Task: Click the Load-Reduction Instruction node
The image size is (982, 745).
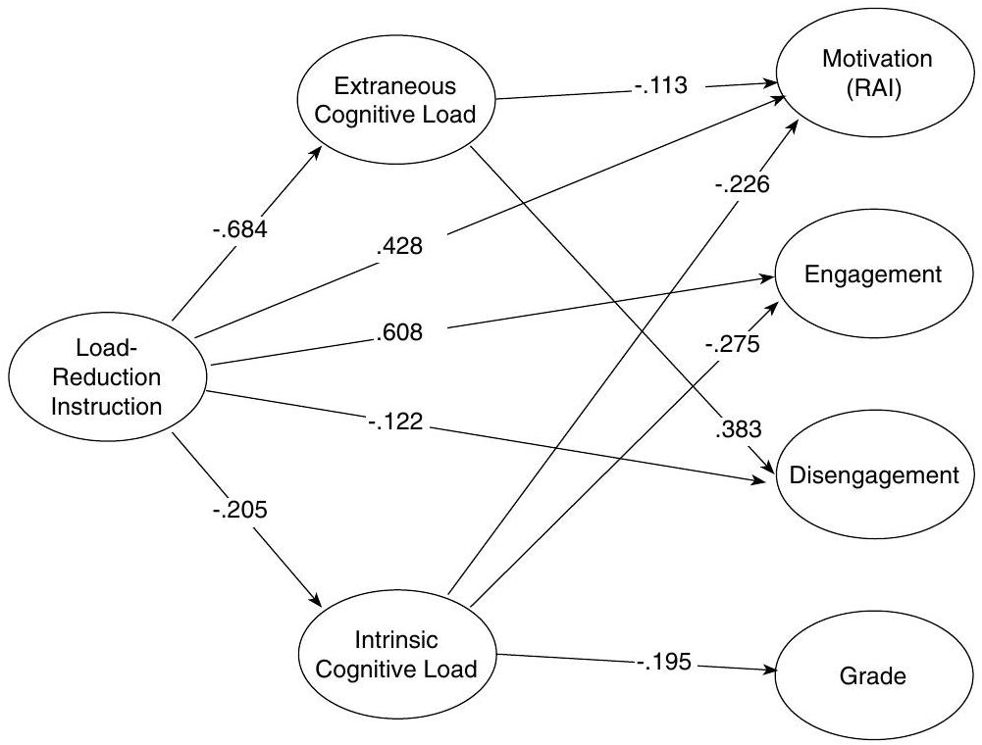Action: [108, 376]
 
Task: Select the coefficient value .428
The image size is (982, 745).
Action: [398, 246]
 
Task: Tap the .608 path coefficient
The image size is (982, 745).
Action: [398, 333]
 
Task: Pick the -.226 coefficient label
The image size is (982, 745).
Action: [742, 182]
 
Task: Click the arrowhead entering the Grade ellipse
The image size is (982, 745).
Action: [768, 671]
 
